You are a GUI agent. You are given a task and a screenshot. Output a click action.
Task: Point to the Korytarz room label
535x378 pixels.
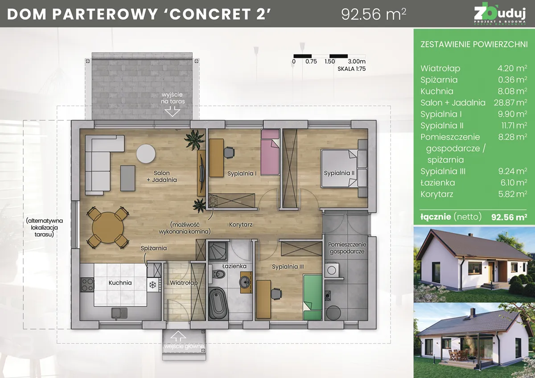[241, 225]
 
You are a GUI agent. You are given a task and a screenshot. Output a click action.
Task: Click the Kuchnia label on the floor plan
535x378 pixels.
[120, 283]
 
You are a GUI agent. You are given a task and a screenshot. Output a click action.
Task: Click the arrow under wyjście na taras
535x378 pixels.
[173, 111]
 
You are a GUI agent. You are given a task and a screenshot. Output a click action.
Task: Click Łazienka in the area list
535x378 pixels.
[437, 183]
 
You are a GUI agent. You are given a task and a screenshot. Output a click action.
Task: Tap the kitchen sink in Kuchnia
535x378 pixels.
[119, 313]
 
